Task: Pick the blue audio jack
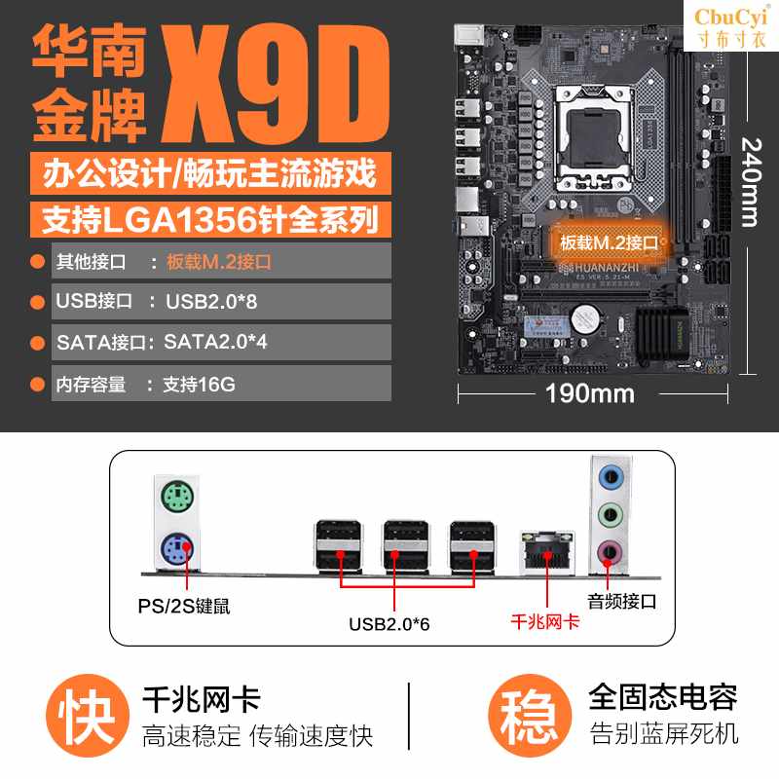(x=610, y=478)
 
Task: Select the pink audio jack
(x=610, y=551)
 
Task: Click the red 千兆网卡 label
(x=545, y=620)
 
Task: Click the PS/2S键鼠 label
(x=184, y=606)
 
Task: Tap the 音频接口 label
(x=621, y=601)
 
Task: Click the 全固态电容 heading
(x=662, y=697)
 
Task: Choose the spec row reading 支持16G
(x=221, y=384)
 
